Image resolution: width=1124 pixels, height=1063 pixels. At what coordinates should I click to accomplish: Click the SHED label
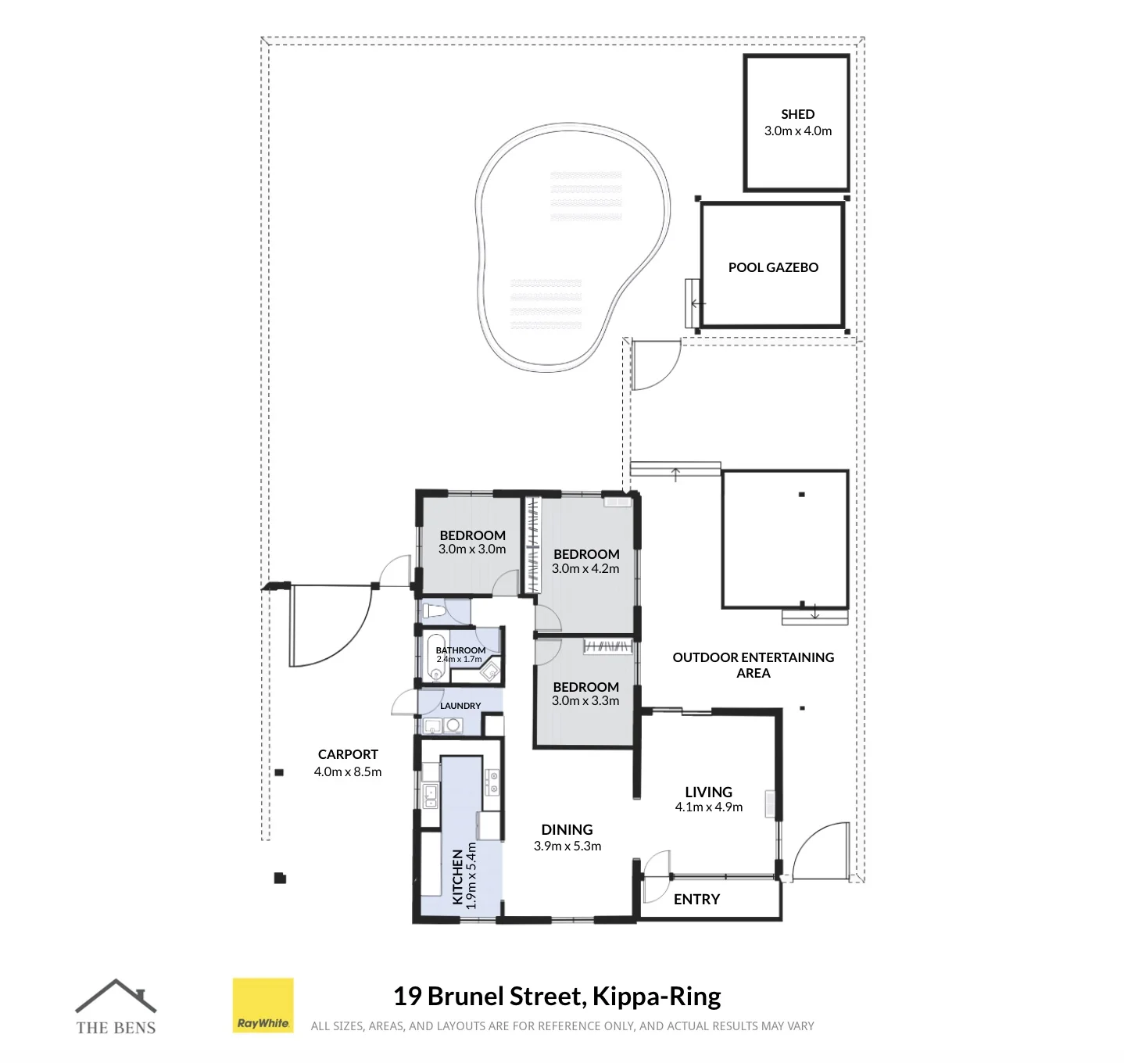pos(797,114)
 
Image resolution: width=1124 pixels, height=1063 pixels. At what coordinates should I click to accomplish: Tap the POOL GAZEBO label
pos(773,267)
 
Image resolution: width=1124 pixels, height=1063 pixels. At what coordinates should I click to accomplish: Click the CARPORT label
pos(348,755)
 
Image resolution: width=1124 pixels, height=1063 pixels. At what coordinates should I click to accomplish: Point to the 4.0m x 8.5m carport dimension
pos(348,772)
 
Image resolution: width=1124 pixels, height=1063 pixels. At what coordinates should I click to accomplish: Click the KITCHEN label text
pos(457,877)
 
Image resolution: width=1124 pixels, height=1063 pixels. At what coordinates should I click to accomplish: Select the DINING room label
pos(567,830)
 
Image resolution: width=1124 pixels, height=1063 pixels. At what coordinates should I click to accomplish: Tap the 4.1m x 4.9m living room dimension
pos(708,807)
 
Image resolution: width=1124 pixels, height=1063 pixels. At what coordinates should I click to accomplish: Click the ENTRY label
pos(696,900)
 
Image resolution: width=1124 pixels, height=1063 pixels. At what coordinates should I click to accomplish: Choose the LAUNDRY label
pos(460,706)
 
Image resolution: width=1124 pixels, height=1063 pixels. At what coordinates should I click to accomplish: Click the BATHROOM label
pos(460,650)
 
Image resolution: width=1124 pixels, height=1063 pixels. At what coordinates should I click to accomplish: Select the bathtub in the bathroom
pos(436,657)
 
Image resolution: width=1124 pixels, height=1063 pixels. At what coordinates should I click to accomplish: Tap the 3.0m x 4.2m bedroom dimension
pos(585,568)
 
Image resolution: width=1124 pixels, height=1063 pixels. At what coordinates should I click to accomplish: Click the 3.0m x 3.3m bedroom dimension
pos(585,700)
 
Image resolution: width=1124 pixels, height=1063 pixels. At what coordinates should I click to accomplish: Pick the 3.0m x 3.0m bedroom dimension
pos(472,549)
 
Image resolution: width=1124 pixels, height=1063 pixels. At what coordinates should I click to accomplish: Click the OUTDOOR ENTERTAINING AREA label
pos(753,665)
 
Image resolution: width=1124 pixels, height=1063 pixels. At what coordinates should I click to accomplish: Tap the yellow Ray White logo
pos(263,1005)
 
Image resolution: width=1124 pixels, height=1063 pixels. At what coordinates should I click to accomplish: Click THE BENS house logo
pos(116,1007)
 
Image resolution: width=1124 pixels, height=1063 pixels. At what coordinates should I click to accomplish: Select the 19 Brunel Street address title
pos(557,996)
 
